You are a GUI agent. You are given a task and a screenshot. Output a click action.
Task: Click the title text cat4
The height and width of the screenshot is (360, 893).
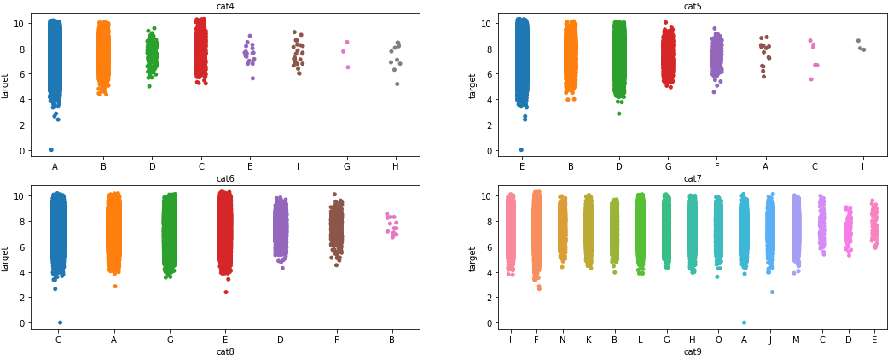point(225,7)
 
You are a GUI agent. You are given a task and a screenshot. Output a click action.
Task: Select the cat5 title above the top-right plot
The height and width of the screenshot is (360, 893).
point(693,7)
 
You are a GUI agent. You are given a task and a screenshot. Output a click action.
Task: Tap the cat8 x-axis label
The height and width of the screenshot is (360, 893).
point(225,351)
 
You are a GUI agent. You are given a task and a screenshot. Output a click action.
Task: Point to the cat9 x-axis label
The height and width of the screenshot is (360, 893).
point(693,351)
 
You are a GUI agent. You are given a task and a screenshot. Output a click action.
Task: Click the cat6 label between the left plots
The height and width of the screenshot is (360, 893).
point(225,178)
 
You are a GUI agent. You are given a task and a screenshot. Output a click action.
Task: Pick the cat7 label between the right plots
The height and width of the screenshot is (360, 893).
point(693,178)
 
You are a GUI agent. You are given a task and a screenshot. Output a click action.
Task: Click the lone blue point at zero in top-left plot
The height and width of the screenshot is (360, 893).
point(51,150)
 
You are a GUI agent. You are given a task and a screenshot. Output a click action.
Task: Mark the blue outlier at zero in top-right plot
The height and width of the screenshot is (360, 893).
point(521,150)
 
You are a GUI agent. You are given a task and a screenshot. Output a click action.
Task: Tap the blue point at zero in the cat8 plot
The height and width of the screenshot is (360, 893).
point(60,322)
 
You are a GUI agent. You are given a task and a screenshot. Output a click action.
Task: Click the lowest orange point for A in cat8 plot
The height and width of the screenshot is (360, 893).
point(115,286)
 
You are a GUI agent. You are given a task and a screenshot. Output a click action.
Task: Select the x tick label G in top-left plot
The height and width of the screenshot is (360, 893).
point(346,167)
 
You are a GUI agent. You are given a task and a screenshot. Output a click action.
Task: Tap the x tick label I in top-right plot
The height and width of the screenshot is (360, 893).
point(862,167)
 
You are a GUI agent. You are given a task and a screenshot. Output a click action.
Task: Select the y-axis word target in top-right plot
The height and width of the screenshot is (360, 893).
point(473,85)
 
